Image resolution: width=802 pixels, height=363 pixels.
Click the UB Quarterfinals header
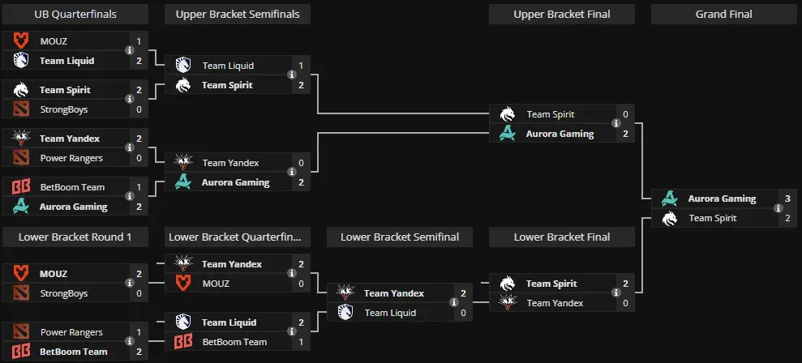[x=75, y=14]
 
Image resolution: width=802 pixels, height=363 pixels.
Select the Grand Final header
[x=723, y=14]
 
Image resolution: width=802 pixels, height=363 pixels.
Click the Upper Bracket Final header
[x=561, y=14]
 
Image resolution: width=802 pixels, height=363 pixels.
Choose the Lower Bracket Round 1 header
[x=75, y=237]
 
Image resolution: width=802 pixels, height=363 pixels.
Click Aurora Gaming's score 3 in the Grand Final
[x=787, y=199]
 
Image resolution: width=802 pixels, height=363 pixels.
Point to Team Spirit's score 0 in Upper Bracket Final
[x=625, y=114]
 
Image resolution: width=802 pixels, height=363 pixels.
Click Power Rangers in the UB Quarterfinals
[x=71, y=158]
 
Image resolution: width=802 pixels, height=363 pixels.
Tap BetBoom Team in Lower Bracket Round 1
[x=73, y=352]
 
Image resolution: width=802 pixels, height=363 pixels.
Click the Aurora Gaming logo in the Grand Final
[x=670, y=199]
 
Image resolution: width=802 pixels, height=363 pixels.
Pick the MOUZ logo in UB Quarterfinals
[x=21, y=41]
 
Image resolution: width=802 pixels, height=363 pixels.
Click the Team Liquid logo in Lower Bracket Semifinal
[x=345, y=313]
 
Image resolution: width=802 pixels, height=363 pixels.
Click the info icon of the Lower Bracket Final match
[x=616, y=293]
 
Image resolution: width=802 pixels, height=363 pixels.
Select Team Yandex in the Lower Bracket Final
[x=555, y=303]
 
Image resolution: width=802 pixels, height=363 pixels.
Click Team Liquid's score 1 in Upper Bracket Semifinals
[x=301, y=66]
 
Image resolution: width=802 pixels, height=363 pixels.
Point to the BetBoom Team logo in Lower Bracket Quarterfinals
[x=183, y=342]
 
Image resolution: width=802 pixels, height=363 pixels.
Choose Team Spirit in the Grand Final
[x=713, y=218]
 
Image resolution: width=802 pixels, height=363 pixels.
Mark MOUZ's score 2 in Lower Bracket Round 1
[x=139, y=274]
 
